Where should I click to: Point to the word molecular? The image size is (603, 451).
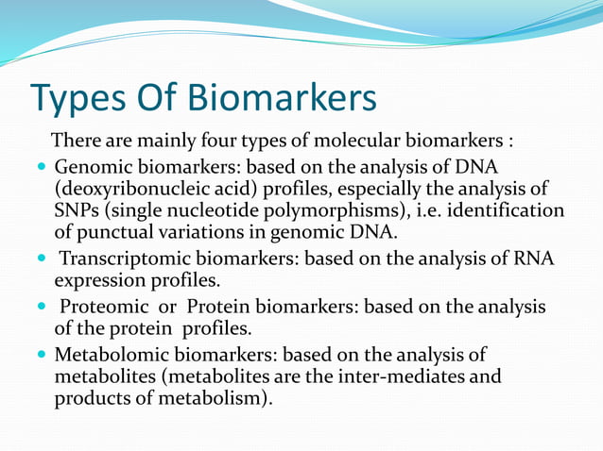[x=359, y=142]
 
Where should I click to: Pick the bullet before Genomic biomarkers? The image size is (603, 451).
[x=40, y=168]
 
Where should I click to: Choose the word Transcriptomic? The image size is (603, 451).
[x=121, y=259]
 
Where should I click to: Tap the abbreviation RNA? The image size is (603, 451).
[x=535, y=259]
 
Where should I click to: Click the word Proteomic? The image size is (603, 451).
[x=99, y=307]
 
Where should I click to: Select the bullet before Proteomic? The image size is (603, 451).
[x=40, y=308]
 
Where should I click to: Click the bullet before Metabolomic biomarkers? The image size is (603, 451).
[x=40, y=355]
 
